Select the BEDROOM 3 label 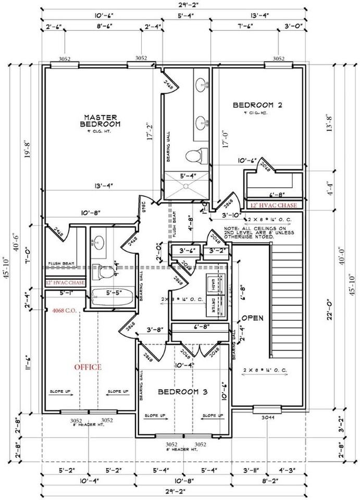click(182, 392)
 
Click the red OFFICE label click(88, 367)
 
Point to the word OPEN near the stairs click(252, 318)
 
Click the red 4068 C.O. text click(65, 310)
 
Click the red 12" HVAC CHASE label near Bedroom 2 click(274, 206)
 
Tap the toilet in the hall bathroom click(106, 271)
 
